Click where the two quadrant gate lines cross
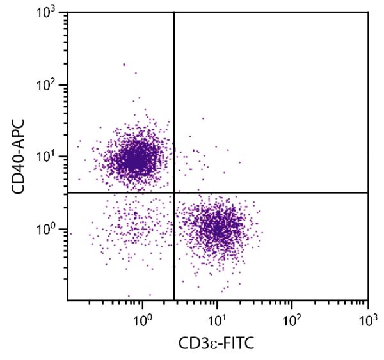coord(174,192)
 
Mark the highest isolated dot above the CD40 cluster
coord(124,64)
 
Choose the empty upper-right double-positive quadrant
coord(275,96)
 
